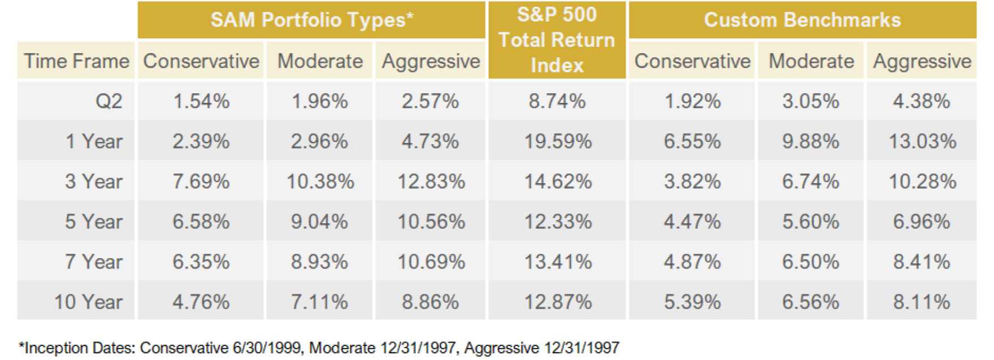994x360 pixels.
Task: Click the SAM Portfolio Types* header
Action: (x=312, y=20)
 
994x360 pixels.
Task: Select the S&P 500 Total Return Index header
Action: (x=557, y=40)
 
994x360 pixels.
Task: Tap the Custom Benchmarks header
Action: (x=802, y=20)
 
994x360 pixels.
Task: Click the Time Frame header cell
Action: (x=76, y=61)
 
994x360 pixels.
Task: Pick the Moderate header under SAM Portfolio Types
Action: (x=320, y=61)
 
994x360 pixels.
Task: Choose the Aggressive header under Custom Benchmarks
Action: (x=922, y=62)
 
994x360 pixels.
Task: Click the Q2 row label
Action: (x=108, y=102)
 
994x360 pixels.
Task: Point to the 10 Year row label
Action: (x=88, y=302)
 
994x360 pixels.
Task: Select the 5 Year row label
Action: (x=93, y=222)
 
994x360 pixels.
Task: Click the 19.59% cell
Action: (x=558, y=141)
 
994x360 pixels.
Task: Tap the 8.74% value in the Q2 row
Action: (x=557, y=101)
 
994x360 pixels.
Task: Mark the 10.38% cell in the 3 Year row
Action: (x=320, y=181)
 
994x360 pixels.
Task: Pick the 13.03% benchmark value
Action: (x=922, y=141)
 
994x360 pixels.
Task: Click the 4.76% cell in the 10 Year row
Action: (x=201, y=302)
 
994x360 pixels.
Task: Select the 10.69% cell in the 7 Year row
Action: (x=431, y=262)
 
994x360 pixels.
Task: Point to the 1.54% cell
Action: (x=201, y=101)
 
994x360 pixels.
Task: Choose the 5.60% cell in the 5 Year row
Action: (x=810, y=222)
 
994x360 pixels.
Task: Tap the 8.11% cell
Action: (x=922, y=302)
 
